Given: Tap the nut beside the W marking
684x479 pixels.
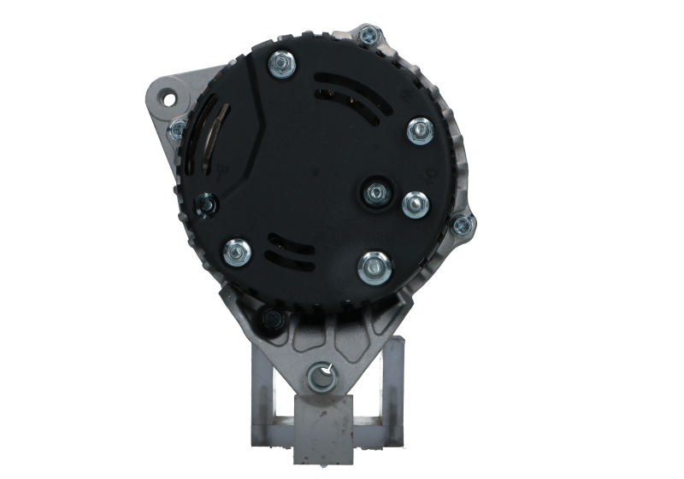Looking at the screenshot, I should point(420,130).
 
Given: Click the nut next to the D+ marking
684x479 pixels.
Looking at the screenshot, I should point(415,203).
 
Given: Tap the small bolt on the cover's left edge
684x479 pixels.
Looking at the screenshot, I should point(205,204).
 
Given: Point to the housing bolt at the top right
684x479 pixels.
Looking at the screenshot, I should point(369,35).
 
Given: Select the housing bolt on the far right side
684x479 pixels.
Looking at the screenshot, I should point(463,225).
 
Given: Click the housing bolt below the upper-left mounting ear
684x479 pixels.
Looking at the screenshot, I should point(178,129).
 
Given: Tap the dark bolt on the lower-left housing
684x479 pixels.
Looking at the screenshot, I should point(273,318).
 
